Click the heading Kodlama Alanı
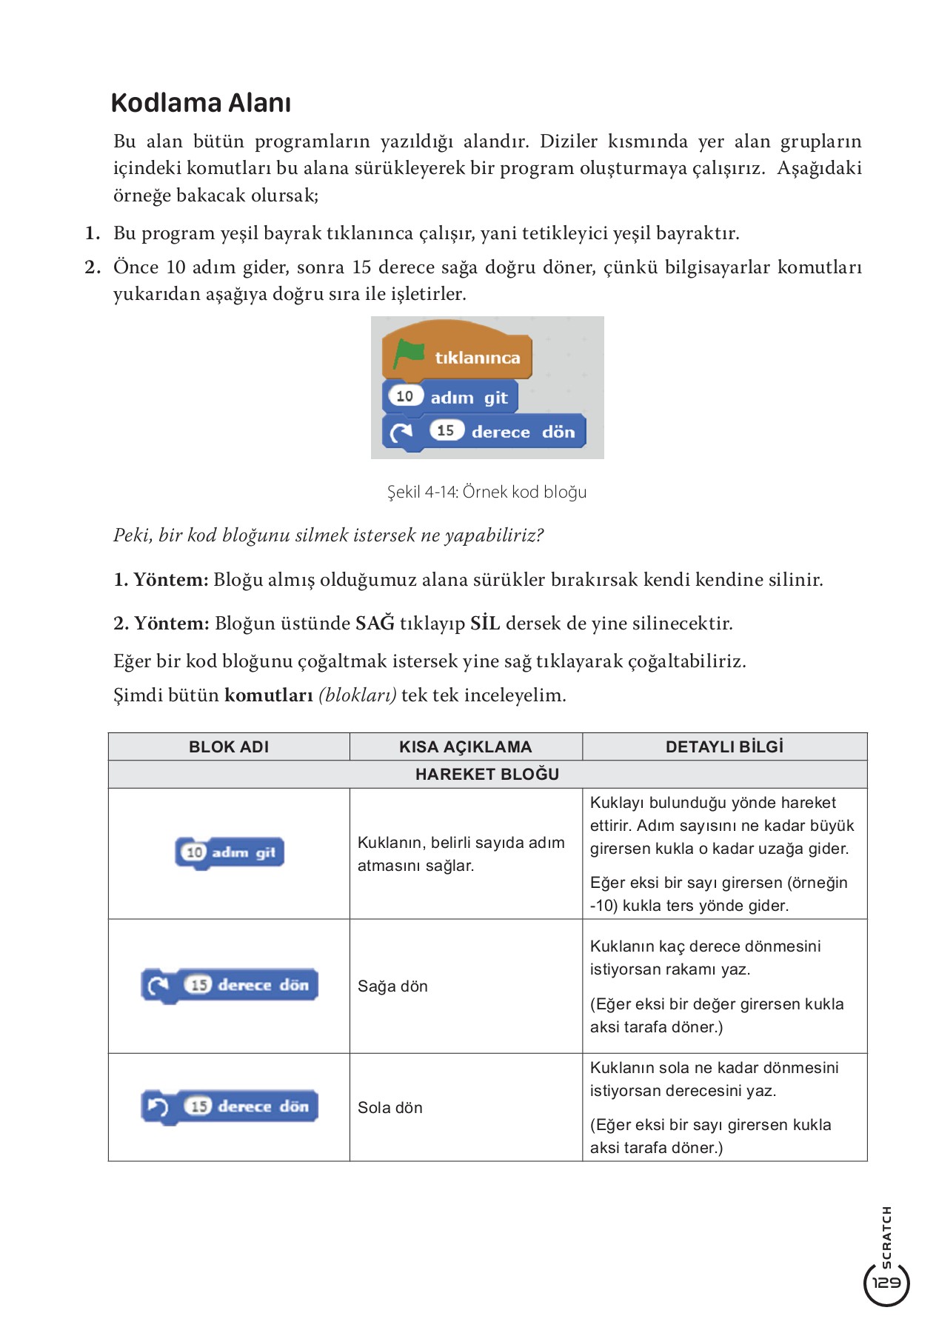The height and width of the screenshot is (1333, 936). pyautogui.click(x=201, y=103)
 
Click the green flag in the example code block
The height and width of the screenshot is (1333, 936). pyautogui.click(x=408, y=353)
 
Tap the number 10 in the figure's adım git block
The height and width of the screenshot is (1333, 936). pyautogui.click(x=405, y=396)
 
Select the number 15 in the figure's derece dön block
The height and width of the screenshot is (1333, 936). pyautogui.click(x=446, y=430)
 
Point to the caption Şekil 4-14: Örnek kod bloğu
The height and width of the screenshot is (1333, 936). pyautogui.click(x=487, y=492)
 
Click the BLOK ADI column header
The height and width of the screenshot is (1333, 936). pyautogui.click(x=229, y=746)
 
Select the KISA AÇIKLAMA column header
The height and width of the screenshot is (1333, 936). pyautogui.click(x=465, y=746)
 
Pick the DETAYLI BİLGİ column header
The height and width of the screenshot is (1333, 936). pyautogui.click(x=724, y=746)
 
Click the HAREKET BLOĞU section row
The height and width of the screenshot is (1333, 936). pyautogui.click(x=487, y=774)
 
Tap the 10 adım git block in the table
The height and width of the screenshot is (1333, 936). pyautogui.click(x=230, y=852)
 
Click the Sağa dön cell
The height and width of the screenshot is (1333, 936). pyautogui.click(x=392, y=986)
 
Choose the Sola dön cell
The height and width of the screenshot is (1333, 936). pyautogui.click(x=390, y=1108)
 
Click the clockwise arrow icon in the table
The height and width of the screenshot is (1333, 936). pyautogui.click(x=158, y=986)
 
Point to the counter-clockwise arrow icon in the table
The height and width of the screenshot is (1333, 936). pyautogui.click(x=158, y=1107)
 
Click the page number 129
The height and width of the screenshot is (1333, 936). pyautogui.click(x=886, y=1283)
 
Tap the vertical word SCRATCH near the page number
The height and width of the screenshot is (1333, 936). pyautogui.click(x=886, y=1237)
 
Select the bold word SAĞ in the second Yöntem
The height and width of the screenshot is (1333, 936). pyautogui.click(x=375, y=624)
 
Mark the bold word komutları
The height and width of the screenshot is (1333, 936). pyautogui.click(x=269, y=695)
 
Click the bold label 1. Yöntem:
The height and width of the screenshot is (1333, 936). pyautogui.click(x=161, y=580)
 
